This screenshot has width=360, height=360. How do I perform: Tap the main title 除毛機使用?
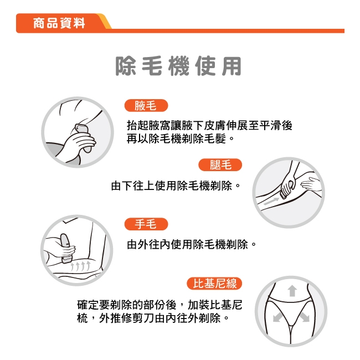(179, 66)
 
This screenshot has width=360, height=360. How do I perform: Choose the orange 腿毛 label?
(220, 164)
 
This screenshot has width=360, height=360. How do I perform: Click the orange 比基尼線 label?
(214, 284)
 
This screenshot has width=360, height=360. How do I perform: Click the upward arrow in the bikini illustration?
(292, 290)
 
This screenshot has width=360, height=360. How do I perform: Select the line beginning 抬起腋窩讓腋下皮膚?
(210, 126)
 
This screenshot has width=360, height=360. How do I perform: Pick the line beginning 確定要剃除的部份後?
(160, 305)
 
